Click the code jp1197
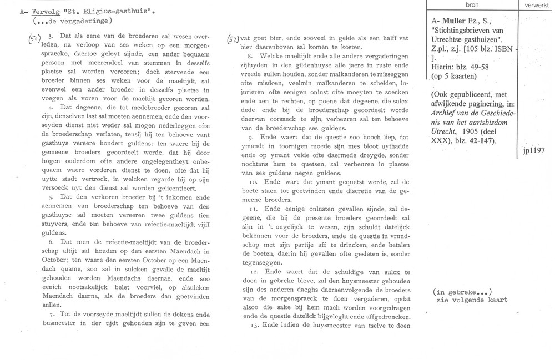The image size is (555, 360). click(534, 150)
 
